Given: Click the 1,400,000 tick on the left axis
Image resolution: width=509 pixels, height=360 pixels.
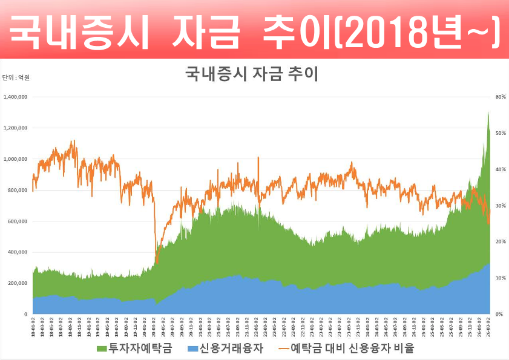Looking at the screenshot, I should (x=15, y=97).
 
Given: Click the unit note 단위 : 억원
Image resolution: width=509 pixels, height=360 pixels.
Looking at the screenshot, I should (x=16, y=77).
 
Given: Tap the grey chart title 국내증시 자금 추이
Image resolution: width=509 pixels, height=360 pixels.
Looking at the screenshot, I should (x=251, y=74).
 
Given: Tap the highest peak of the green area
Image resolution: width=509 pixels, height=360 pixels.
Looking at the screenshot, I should (x=488, y=113).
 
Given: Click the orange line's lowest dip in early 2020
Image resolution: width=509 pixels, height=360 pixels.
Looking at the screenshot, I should (x=156, y=263).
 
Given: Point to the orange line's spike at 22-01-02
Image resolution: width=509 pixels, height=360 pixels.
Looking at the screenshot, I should (x=258, y=157).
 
